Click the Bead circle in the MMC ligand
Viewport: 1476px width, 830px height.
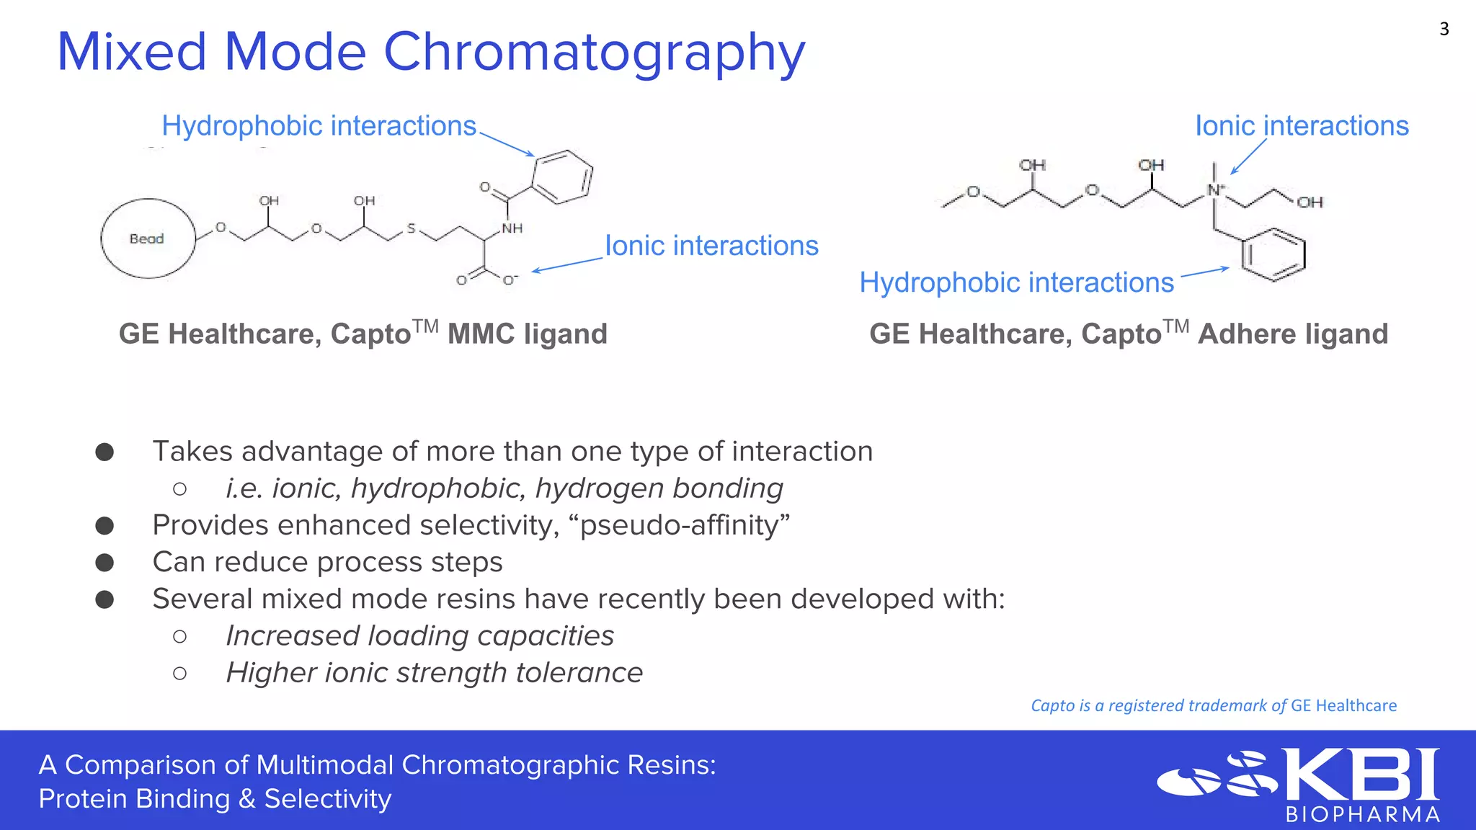pyautogui.click(x=148, y=238)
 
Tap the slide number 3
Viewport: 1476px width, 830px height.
pyautogui.click(x=1444, y=29)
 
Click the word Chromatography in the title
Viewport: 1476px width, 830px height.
pyautogui.click(x=594, y=53)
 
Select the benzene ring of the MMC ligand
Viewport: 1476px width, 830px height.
pyautogui.click(x=563, y=177)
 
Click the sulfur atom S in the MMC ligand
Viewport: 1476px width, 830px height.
pyautogui.click(x=411, y=228)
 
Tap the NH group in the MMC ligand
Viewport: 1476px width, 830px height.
pyautogui.click(x=512, y=228)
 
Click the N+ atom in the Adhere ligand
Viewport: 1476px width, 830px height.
pyautogui.click(x=1216, y=190)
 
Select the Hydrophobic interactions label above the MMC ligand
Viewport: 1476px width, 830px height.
pyautogui.click(x=319, y=126)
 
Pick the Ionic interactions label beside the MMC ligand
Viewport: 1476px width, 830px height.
pyautogui.click(x=711, y=246)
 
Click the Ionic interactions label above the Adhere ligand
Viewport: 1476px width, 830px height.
pyautogui.click(x=1302, y=126)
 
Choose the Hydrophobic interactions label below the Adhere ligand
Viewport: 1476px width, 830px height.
pyautogui.click(x=1016, y=282)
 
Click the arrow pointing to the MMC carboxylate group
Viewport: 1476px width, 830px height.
pyautogui.click(x=567, y=264)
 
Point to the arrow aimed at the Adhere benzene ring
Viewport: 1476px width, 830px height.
pyautogui.click(x=1204, y=272)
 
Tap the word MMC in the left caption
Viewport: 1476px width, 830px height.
pyautogui.click(x=481, y=334)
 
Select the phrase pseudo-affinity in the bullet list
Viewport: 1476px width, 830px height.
pyautogui.click(x=684, y=525)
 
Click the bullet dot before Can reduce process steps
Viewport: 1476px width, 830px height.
pyautogui.click(x=105, y=563)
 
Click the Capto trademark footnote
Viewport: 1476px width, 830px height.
pyautogui.click(x=1213, y=705)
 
